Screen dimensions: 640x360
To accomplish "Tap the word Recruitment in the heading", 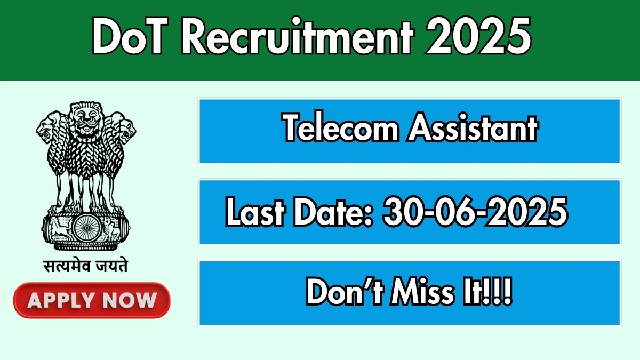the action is click(298, 35).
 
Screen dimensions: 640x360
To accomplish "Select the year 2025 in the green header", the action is click(478, 35).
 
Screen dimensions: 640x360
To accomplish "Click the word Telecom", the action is click(340, 127).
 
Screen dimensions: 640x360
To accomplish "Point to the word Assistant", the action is click(473, 127).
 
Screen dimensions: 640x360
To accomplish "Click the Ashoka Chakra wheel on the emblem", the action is click(86, 228).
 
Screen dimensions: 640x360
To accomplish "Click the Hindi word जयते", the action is click(111, 266).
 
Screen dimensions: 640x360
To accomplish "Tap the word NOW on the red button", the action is click(130, 301).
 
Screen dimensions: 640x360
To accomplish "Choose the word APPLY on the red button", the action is click(61, 301).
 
